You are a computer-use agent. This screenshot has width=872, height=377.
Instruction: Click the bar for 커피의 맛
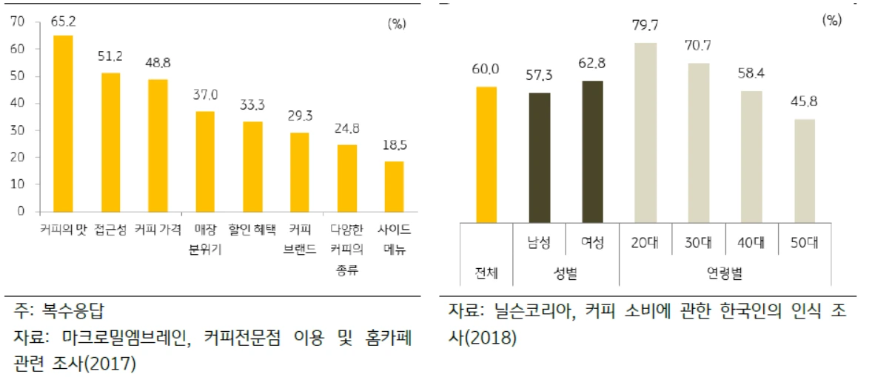(63, 123)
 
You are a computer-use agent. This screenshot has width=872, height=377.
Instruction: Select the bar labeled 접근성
(110, 142)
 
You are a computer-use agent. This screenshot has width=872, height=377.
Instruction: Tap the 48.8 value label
(158, 65)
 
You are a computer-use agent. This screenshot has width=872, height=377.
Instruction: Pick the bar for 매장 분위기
(205, 161)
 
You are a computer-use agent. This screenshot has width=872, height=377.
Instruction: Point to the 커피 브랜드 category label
(299, 239)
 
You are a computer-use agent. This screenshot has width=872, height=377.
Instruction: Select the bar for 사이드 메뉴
(394, 186)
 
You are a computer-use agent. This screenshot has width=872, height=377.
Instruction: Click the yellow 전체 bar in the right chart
(486, 154)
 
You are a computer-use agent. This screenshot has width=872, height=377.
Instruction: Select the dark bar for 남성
(540, 157)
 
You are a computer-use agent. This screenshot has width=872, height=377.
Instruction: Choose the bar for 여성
(593, 151)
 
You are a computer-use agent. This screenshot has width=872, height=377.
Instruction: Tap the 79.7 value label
(646, 28)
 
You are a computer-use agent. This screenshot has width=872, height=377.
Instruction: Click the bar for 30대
(700, 142)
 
